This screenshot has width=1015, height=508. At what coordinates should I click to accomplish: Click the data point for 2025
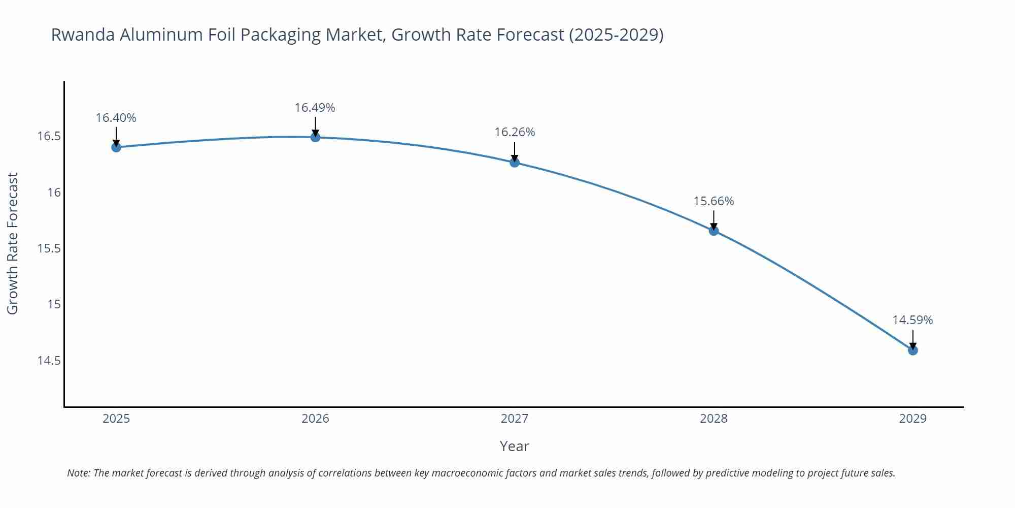(x=116, y=147)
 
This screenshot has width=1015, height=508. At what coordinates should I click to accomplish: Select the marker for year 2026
(x=315, y=137)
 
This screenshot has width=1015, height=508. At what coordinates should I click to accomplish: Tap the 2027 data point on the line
(x=515, y=163)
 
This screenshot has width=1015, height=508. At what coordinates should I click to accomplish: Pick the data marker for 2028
(x=714, y=231)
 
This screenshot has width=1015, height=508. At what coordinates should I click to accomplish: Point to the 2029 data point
(x=912, y=350)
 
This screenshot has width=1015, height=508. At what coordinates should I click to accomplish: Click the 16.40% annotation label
(x=116, y=118)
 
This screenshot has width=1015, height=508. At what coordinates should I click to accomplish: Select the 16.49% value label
(x=315, y=108)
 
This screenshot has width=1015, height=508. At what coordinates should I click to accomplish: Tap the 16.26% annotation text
(x=515, y=132)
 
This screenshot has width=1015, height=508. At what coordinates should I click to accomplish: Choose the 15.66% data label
(x=714, y=201)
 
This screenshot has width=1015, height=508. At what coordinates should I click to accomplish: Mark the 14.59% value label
(x=912, y=320)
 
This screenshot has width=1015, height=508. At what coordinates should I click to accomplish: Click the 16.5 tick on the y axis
(x=49, y=136)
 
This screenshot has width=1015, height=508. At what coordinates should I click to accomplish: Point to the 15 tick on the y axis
(x=54, y=304)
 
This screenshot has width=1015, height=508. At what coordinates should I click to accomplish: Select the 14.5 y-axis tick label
(x=49, y=361)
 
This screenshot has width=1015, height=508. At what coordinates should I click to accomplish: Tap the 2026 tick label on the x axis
(x=315, y=419)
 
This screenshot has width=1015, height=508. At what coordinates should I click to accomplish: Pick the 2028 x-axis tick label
(x=714, y=419)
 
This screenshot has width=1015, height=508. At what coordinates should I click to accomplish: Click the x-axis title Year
(x=514, y=446)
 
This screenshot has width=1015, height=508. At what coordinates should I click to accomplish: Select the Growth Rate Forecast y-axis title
(x=12, y=243)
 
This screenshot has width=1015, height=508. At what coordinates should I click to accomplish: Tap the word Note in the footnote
(x=78, y=473)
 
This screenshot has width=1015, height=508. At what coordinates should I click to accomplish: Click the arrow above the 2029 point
(x=912, y=339)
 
